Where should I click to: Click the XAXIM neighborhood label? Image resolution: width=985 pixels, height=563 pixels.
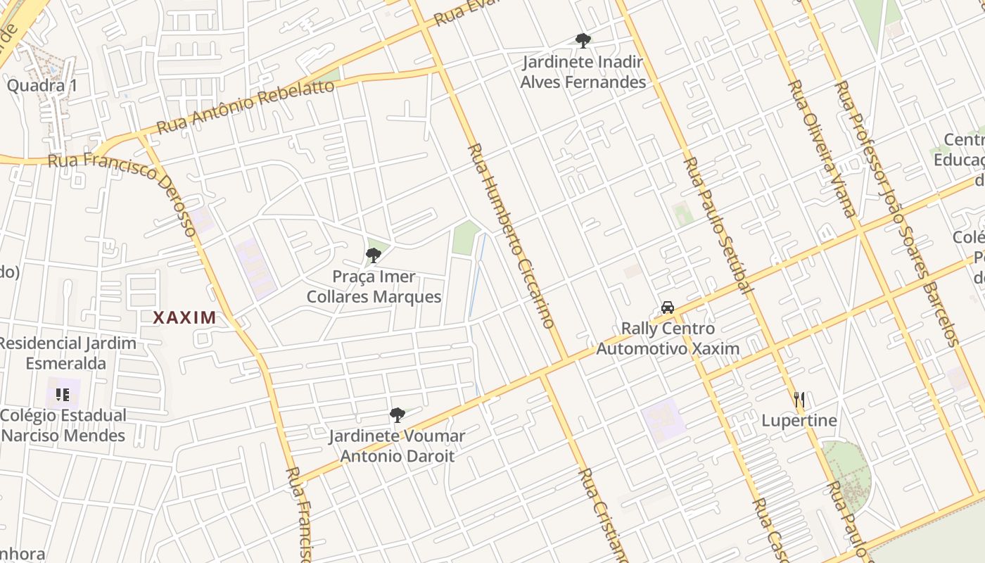pos(184,317)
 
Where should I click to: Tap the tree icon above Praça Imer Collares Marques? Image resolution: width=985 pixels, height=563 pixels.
pos(374,255)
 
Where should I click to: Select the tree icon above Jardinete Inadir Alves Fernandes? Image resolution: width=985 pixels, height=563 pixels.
pos(583,41)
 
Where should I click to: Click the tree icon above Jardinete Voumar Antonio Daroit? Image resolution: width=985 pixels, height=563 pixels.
pos(398,415)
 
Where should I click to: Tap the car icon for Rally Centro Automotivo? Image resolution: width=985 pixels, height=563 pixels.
pos(668,308)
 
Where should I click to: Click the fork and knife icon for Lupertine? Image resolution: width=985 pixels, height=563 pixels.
pos(799,400)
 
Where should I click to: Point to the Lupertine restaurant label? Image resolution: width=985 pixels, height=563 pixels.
pos(799,421)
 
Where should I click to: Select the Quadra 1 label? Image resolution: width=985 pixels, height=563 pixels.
pos(42,86)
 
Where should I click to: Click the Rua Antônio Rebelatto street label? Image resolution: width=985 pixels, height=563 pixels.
pos(246,106)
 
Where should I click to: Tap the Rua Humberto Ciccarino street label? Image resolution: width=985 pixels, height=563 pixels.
pos(511,235)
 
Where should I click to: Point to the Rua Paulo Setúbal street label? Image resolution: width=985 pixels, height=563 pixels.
pos(718,224)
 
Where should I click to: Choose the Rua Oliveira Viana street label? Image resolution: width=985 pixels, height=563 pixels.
pos(822,148)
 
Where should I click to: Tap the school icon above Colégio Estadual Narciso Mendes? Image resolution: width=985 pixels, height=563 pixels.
pos(63,395)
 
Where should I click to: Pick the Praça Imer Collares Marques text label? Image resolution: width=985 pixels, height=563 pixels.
pos(374,286)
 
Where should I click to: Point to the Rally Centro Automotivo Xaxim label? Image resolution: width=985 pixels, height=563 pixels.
pos(668,339)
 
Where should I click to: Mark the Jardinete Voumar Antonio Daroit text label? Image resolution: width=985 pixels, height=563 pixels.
pos(398,446)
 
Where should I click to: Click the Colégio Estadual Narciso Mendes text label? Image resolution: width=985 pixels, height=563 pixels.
pos(63,425)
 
